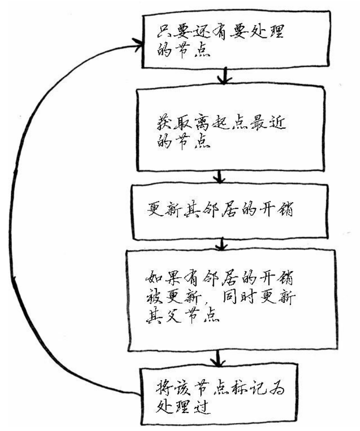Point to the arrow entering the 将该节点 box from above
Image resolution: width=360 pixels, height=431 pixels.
coord(218,359)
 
